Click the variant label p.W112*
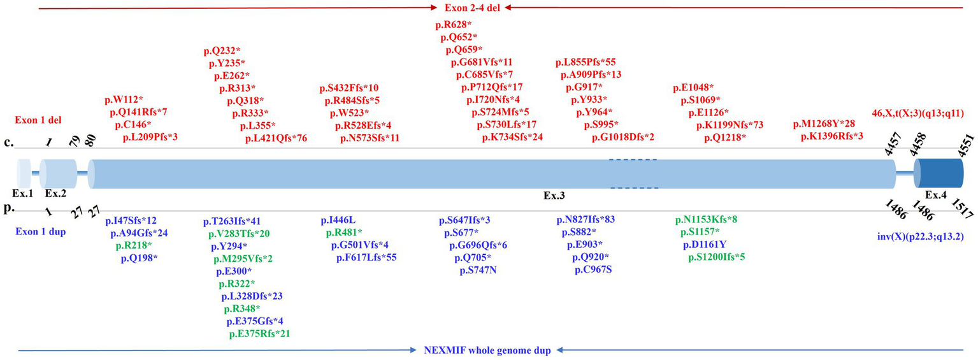tap(124, 100)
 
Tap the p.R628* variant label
tap(454, 25)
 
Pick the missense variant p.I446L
tap(338, 221)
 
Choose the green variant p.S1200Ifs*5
tap(717, 257)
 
